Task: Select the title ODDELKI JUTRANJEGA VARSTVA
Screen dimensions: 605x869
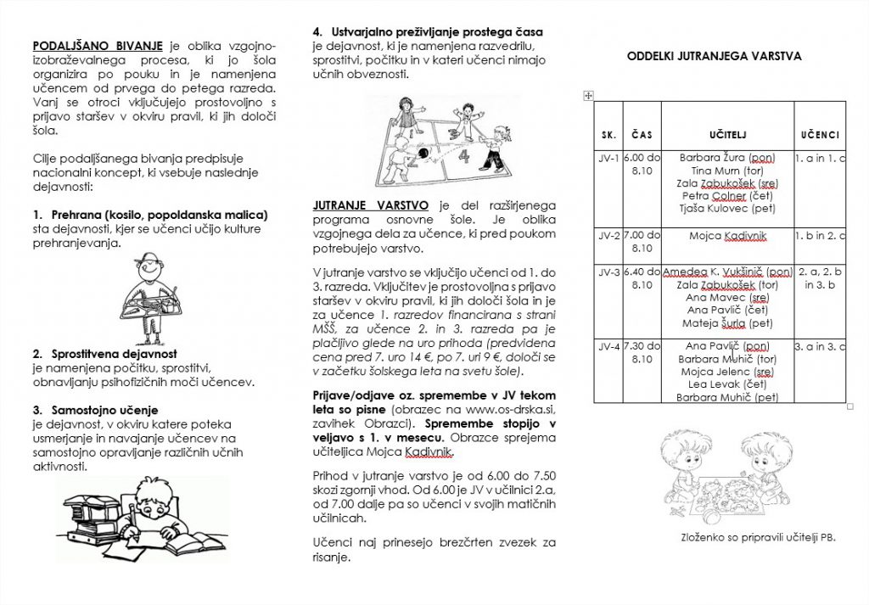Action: (x=715, y=57)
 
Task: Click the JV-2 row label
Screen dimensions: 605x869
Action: (x=608, y=235)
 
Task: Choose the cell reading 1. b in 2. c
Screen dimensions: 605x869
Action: (x=820, y=235)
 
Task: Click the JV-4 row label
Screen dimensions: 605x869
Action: (x=608, y=346)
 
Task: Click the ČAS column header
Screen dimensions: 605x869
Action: (x=642, y=135)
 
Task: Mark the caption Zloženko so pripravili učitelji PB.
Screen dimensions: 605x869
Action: (x=758, y=537)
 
